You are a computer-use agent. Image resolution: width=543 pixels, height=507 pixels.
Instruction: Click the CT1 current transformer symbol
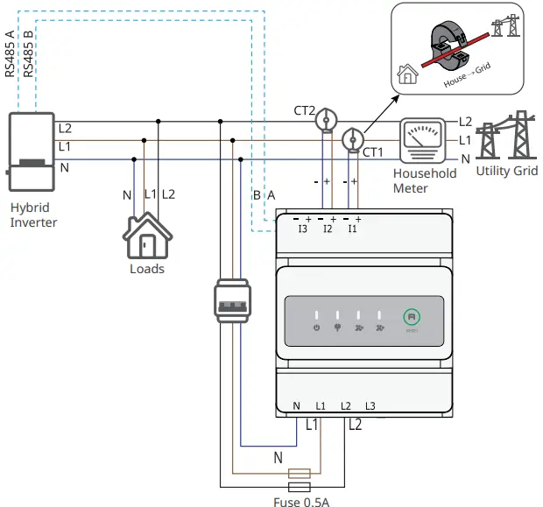(352, 138)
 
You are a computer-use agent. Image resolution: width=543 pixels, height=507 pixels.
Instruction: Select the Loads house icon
(146, 236)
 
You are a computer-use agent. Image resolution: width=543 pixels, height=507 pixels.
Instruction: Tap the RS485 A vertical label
(11, 55)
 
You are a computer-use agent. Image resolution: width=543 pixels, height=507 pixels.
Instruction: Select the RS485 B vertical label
(29, 55)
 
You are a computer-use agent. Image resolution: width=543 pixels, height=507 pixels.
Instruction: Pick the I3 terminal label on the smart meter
(302, 229)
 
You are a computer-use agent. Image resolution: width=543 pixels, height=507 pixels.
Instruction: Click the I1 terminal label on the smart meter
(352, 229)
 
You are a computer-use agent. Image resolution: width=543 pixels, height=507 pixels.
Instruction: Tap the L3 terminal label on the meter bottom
(370, 406)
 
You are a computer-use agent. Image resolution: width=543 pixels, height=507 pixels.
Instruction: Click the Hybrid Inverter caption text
(33, 215)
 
